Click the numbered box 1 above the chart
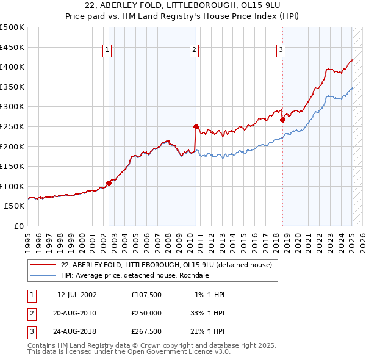click(x=107, y=51)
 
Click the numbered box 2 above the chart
click(x=194, y=51)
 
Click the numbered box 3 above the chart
click(x=281, y=51)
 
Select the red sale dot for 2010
click(x=196, y=127)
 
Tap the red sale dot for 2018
click(x=283, y=120)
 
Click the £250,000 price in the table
click(x=147, y=313)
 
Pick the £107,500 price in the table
click(x=147, y=295)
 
